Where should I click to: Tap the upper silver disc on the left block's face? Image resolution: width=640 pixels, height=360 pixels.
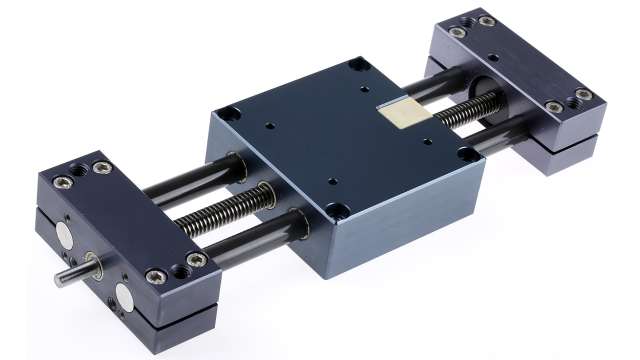click(63, 237)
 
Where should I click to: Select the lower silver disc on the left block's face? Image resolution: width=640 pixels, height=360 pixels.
click(127, 296)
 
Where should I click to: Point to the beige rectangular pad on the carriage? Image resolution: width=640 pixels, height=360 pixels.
click(402, 113)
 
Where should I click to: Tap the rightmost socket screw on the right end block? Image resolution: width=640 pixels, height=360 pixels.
click(582, 96)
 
